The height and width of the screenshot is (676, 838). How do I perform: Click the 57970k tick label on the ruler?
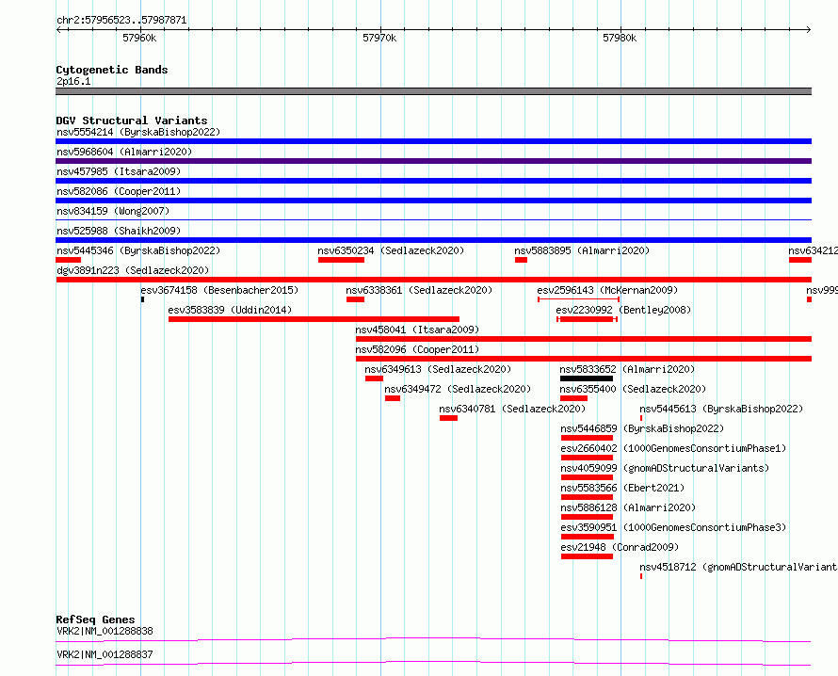pos(379,38)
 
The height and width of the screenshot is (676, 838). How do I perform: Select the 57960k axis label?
pos(139,38)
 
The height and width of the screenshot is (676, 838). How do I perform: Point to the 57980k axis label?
pos(620,38)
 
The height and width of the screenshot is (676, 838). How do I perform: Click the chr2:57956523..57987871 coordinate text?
pos(121,21)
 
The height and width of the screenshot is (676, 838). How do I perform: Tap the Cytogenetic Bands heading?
pos(112,70)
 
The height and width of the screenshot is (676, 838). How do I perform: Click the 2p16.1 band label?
pos(73,81)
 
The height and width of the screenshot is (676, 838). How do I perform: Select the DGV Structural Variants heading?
pos(132,121)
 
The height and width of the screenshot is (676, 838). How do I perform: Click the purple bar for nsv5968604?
pos(433,161)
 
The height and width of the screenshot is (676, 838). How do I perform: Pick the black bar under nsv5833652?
pos(587,378)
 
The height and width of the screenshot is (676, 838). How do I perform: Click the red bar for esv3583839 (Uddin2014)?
pos(314,319)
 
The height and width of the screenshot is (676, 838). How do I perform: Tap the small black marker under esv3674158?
pos(143,299)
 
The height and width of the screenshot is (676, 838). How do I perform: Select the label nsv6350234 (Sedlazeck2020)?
pos(391,250)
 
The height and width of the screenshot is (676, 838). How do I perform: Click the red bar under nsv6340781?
pos(448,418)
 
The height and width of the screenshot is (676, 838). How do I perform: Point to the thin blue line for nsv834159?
pos(433,219)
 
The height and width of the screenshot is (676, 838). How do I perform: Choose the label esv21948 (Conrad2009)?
pos(620,547)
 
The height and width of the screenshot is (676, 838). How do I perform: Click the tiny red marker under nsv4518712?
pos(641,576)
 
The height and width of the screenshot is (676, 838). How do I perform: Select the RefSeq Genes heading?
pos(95,620)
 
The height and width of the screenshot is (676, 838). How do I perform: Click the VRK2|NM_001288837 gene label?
pos(105,654)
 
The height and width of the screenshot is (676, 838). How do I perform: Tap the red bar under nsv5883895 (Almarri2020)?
pos(521,260)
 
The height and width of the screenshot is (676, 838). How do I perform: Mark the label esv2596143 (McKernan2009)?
pos(607,290)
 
